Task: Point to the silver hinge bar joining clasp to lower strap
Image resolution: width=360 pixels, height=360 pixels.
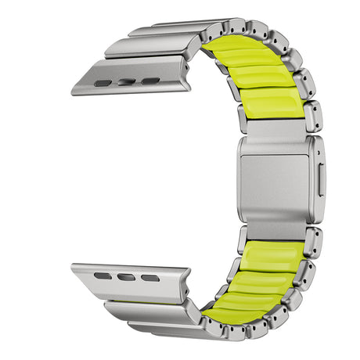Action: (x=274, y=229)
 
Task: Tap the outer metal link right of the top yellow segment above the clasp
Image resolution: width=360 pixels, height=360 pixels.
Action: (x=311, y=116)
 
